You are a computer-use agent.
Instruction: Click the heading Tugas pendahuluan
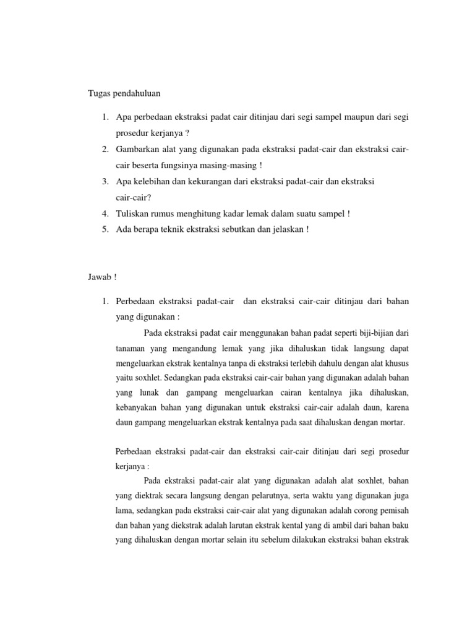tap(123, 93)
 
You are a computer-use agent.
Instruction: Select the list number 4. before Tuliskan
tap(106, 213)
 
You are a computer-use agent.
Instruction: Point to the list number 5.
tap(106, 229)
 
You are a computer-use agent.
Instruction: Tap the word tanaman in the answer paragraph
tap(131, 349)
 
